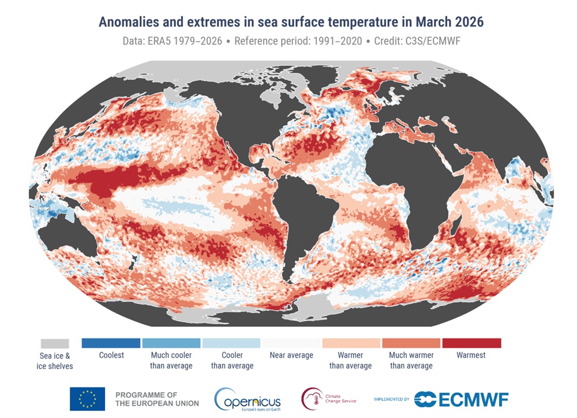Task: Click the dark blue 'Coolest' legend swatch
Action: coord(111,343)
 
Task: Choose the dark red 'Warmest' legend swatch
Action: coord(471,343)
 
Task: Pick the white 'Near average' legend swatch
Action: coord(291,343)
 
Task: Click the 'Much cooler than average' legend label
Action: coord(171,360)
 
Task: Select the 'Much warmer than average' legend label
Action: coord(411,360)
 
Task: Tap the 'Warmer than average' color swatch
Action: coord(351,343)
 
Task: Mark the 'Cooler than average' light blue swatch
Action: coord(231,343)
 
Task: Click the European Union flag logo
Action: coord(87,398)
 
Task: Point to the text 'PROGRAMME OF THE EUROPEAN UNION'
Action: coord(157,398)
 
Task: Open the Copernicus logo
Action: coord(248,398)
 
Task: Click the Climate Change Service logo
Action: coord(329,398)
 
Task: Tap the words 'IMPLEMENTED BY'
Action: coord(391,399)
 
